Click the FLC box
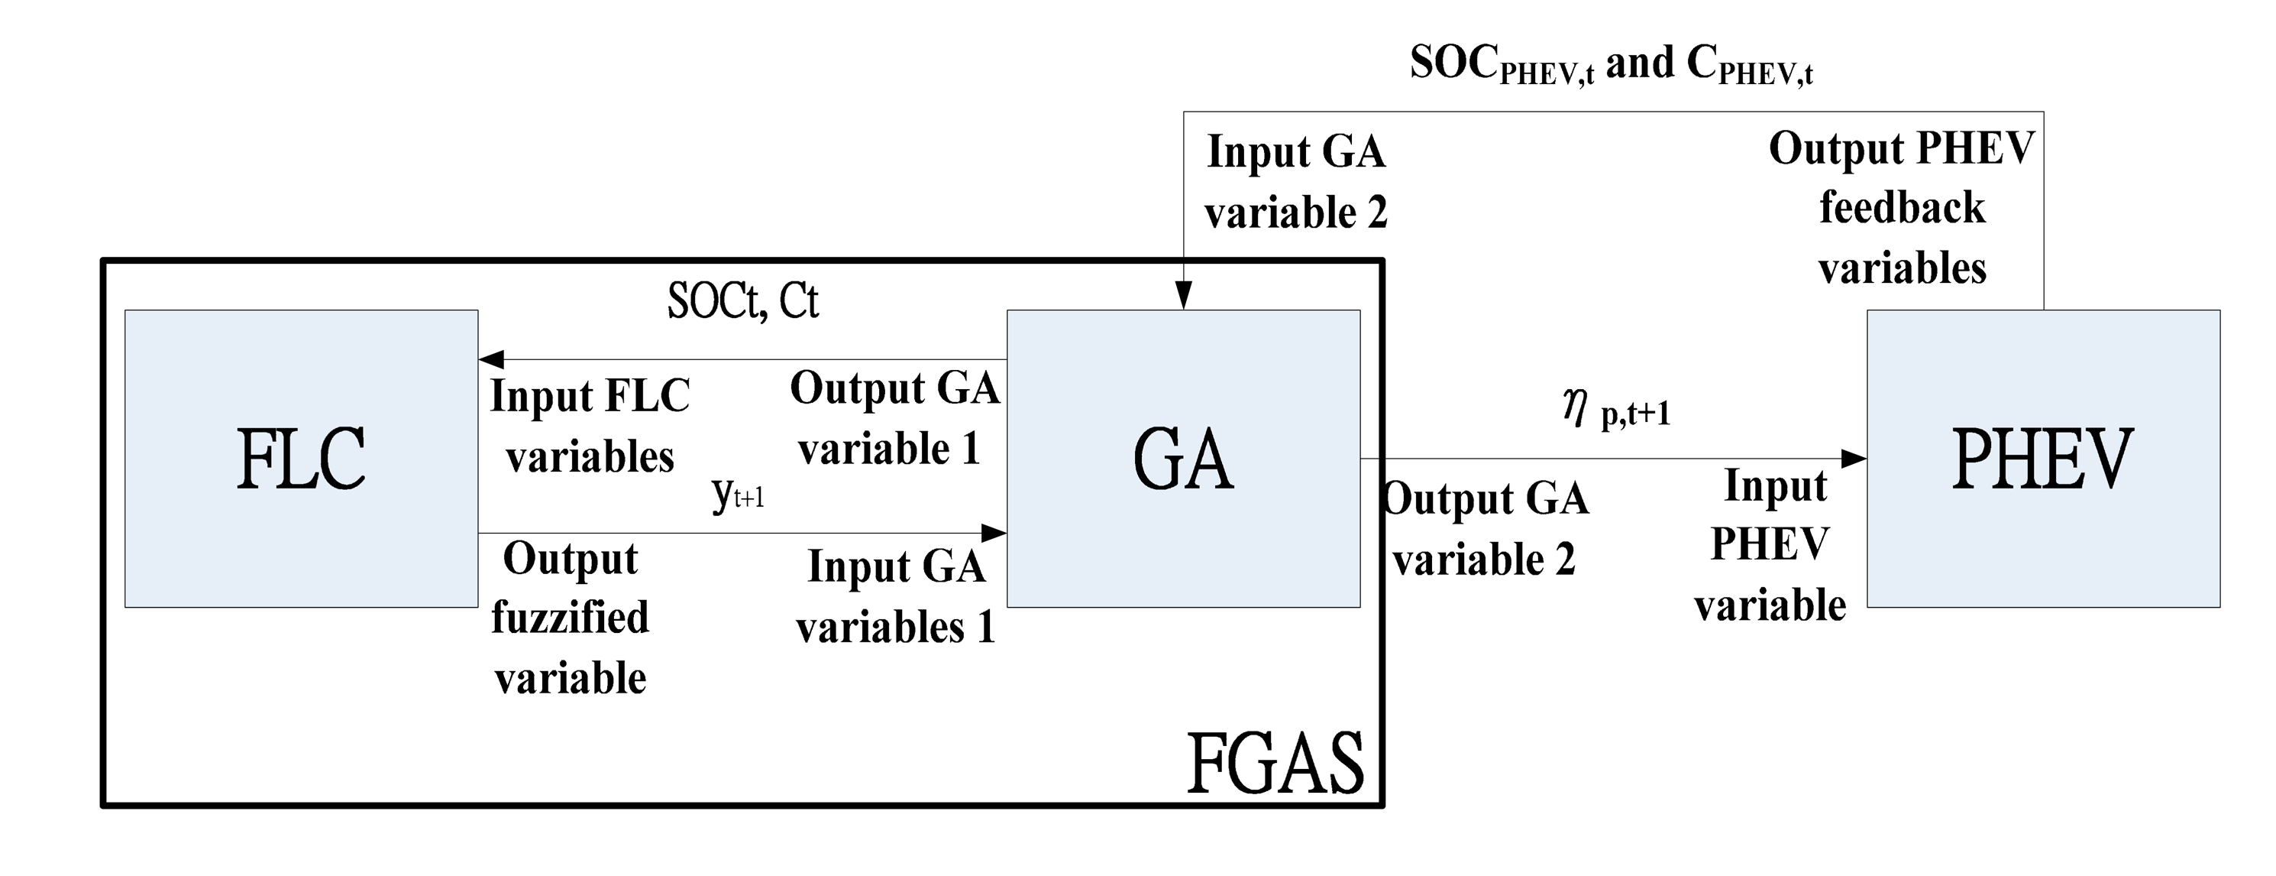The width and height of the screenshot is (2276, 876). click(x=300, y=458)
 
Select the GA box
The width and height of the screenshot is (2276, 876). click(x=1183, y=458)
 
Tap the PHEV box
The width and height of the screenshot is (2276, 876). click(x=2043, y=458)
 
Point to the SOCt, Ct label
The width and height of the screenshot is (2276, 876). click(x=742, y=300)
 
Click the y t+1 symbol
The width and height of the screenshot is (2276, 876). click(x=738, y=493)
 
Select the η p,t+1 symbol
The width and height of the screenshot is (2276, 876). click(x=1616, y=409)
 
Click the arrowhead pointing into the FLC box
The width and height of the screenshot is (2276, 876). click(x=491, y=360)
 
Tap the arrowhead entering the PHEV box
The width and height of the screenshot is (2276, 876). click(x=1853, y=459)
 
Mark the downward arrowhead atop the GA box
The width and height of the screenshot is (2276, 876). click(x=1183, y=295)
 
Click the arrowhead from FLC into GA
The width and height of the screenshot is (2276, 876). click(x=994, y=533)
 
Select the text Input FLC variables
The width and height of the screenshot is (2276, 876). click(x=590, y=426)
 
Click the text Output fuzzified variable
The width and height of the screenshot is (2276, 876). click(x=570, y=618)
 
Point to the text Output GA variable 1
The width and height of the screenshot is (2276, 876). click(x=894, y=418)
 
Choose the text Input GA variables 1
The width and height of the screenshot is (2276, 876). click(x=895, y=597)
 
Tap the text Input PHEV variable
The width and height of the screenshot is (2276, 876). click(x=1770, y=546)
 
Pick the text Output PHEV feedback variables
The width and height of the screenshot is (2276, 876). click(x=1902, y=208)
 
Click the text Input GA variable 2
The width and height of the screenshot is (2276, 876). click(x=1295, y=181)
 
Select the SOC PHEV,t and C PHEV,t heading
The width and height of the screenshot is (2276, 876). click(x=1611, y=64)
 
